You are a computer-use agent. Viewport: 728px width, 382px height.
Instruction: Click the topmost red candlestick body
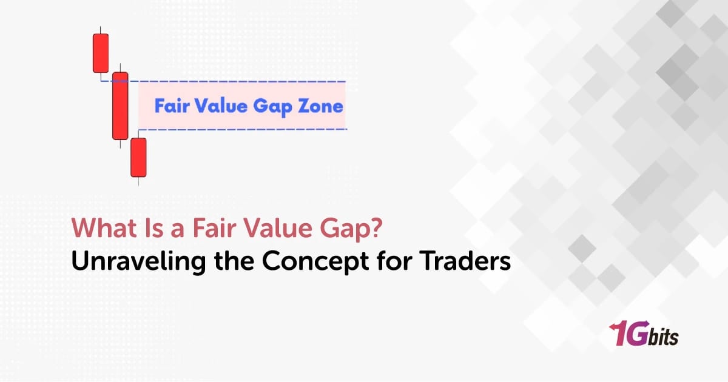(x=101, y=53)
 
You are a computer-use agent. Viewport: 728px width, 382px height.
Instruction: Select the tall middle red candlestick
(x=120, y=106)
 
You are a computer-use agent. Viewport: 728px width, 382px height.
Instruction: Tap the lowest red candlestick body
(x=139, y=157)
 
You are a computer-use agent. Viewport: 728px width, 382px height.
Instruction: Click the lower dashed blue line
(x=243, y=129)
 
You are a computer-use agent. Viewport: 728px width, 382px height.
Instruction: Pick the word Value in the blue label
(x=221, y=107)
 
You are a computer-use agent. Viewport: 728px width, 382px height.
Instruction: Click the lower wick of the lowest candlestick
(x=139, y=181)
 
